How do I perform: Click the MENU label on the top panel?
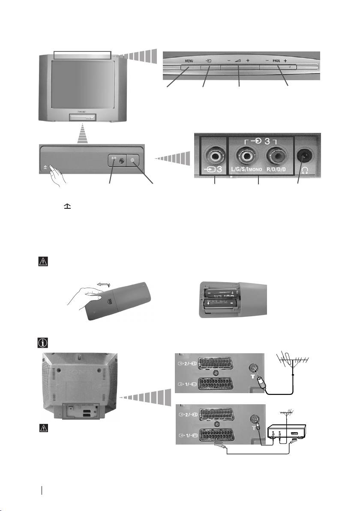189,61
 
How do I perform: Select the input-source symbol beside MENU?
207,61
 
